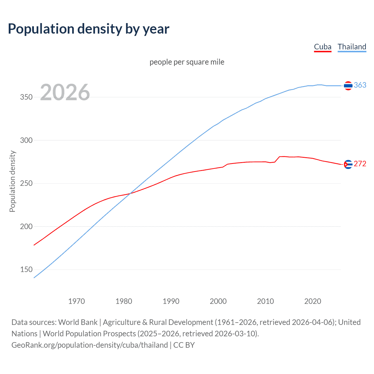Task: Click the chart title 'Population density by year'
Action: pyautogui.click(x=89, y=29)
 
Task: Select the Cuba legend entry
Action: pyautogui.click(x=323, y=47)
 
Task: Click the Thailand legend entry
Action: pyautogui.click(x=352, y=47)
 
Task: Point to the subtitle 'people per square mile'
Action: pyautogui.click(x=187, y=62)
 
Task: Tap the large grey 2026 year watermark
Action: pyautogui.click(x=65, y=92)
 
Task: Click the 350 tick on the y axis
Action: pyautogui.click(x=26, y=97)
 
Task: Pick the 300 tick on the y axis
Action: pyautogui.click(x=26, y=140)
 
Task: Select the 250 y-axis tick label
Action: pyautogui.click(x=26, y=183)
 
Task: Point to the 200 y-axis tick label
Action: pyautogui.click(x=26, y=226)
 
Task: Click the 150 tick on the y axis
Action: pyautogui.click(x=26, y=269)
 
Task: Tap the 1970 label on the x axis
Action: pyautogui.click(x=77, y=301)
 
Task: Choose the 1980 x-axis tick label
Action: pyautogui.click(x=124, y=301)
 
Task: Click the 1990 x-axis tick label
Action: pyautogui.click(x=171, y=301)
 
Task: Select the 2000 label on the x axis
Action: pyautogui.click(x=218, y=301)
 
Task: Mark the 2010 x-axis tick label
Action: pyautogui.click(x=266, y=301)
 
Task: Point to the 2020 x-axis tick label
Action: pyautogui.click(x=313, y=301)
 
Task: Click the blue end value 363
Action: pyautogui.click(x=360, y=85)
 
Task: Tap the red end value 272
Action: pyautogui.click(x=360, y=164)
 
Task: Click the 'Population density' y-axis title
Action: pyautogui.click(x=12, y=181)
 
